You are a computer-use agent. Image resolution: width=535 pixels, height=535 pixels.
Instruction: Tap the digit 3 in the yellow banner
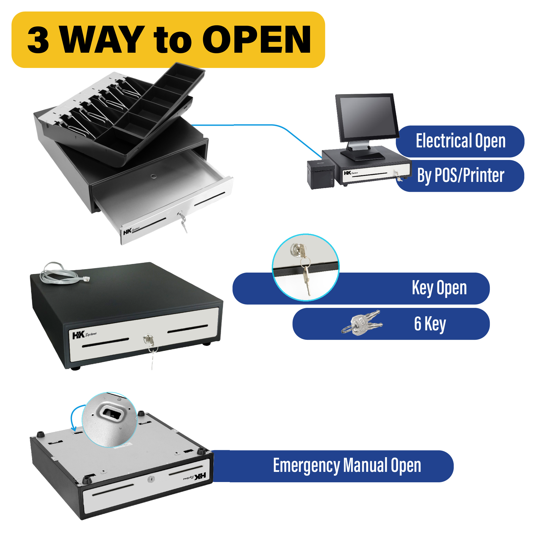(39, 40)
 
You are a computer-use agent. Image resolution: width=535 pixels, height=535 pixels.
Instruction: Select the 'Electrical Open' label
(461, 141)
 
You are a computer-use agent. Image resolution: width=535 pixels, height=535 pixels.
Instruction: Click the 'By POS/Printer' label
(461, 175)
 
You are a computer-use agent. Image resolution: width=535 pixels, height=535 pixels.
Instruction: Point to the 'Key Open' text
(439, 288)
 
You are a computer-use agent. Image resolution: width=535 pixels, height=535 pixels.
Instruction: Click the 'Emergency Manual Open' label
(347, 465)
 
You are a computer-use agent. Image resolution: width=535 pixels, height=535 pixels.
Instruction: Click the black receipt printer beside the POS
(320, 175)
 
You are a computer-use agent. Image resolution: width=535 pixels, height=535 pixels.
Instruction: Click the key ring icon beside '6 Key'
(362, 323)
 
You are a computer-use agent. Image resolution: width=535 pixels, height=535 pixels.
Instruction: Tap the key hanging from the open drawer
(183, 223)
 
